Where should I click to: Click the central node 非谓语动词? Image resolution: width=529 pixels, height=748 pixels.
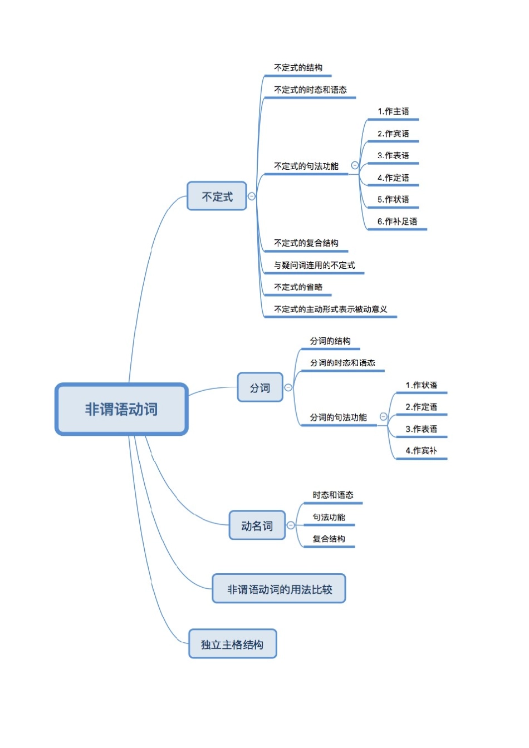(121, 409)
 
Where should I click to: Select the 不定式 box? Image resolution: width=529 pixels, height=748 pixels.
(217, 196)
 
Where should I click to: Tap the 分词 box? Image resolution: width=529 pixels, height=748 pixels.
(260, 387)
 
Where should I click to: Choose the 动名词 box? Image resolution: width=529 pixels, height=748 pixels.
(257, 525)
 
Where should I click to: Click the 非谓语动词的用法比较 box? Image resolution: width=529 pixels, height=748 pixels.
(279, 589)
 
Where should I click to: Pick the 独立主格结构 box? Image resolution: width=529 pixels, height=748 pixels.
(232, 644)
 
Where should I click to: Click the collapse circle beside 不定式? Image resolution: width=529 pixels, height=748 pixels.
(252, 196)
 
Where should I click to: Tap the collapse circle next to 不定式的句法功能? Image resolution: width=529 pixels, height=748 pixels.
(355, 165)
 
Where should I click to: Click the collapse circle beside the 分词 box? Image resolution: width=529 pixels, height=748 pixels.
(288, 387)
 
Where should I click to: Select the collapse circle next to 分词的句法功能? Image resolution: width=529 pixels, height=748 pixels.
(383, 416)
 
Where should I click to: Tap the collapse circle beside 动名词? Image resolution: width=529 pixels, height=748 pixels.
(291, 525)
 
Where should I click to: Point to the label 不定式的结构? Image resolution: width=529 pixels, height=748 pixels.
(298, 68)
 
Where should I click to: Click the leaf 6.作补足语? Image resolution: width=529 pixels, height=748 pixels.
(397, 222)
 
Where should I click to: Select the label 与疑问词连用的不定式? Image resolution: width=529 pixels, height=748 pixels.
(314, 265)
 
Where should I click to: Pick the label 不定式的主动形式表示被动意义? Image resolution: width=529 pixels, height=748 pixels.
(330, 309)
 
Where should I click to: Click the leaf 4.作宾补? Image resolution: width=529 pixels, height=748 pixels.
(421, 451)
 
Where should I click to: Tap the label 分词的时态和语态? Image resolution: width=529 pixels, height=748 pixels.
(342, 363)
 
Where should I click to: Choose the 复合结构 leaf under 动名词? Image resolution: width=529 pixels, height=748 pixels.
(329, 539)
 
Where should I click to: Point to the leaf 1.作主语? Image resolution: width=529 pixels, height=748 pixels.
(393, 111)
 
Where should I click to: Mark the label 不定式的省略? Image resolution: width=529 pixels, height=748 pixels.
(298, 287)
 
